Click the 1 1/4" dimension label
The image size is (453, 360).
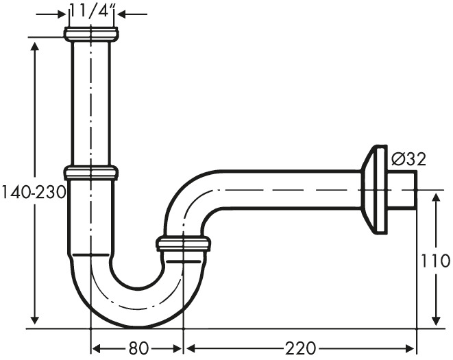click(x=92, y=11)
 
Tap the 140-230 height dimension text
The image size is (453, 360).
click(x=33, y=192)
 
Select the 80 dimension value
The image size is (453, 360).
click(x=138, y=348)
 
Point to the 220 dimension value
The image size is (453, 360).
click(x=300, y=348)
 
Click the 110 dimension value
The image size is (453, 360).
click(x=434, y=261)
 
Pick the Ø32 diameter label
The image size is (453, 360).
click(x=409, y=159)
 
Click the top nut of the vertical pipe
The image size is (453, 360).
click(x=90, y=34)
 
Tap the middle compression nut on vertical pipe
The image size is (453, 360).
click(x=90, y=173)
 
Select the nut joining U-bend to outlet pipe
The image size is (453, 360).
click(x=183, y=243)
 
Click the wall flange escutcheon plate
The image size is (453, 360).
click(x=374, y=189)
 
